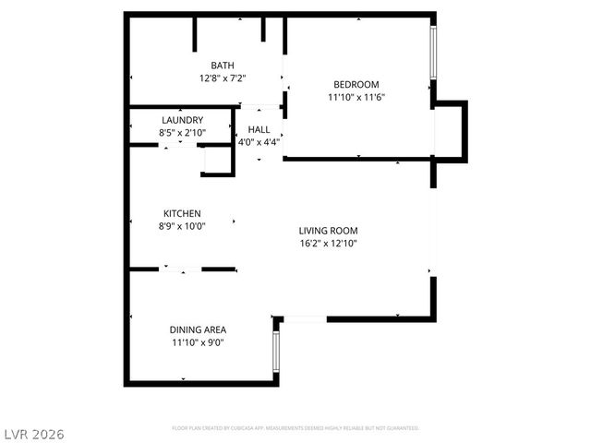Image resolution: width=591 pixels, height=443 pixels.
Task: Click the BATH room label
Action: pyautogui.click(x=223, y=66)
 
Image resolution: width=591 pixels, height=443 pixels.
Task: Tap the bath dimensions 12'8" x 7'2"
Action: pyautogui.click(x=223, y=78)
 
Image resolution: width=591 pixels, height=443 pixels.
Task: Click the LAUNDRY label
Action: pyautogui.click(x=182, y=121)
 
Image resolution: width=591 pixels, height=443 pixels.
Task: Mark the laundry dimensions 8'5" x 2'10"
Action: pyautogui.click(x=182, y=134)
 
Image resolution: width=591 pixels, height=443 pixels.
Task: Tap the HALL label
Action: pyautogui.click(x=259, y=130)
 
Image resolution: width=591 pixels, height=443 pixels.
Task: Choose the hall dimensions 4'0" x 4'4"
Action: pyautogui.click(x=259, y=143)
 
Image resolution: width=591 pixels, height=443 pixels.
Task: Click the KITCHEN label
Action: pyautogui.click(x=182, y=213)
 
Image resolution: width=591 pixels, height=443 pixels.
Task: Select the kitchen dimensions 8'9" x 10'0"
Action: pyautogui.click(x=182, y=226)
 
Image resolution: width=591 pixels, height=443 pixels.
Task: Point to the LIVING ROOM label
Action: pyautogui.click(x=328, y=231)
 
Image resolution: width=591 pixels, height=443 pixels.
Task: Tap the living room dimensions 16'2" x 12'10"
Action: pyautogui.click(x=328, y=244)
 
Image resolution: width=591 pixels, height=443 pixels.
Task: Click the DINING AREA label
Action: pyautogui.click(x=198, y=329)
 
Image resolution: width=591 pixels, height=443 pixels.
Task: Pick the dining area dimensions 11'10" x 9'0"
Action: pyautogui.click(x=198, y=342)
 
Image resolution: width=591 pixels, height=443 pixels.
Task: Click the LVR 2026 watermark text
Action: pyautogui.click(x=33, y=432)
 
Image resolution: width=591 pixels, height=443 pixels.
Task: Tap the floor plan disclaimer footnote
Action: pyautogui.click(x=295, y=428)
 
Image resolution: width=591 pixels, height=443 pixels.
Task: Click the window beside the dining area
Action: pyautogui.click(x=274, y=350)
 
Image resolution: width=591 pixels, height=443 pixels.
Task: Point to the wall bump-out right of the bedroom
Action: pyautogui.click(x=451, y=130)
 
